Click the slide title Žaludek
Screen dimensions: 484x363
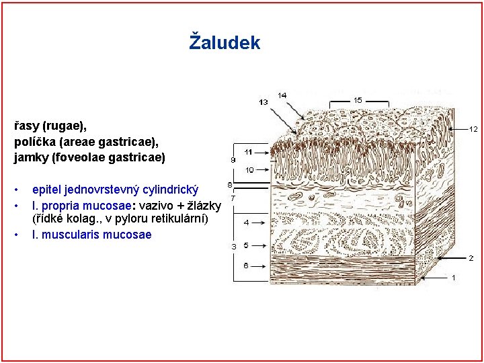[x=225, y=43]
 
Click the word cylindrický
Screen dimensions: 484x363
[x=165, y=184]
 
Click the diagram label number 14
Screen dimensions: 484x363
[x=282, y=95]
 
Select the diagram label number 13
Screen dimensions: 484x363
[x=263, y=102]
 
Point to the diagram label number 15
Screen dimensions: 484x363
[x=357, y=100]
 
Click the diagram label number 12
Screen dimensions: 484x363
[x=473, y=128]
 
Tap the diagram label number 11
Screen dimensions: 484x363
[x=248, y=152]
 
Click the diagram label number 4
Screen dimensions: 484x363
[x=246, y=222]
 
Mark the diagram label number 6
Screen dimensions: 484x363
[x=246, y=266]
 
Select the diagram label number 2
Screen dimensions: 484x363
[x=471, y=257]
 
